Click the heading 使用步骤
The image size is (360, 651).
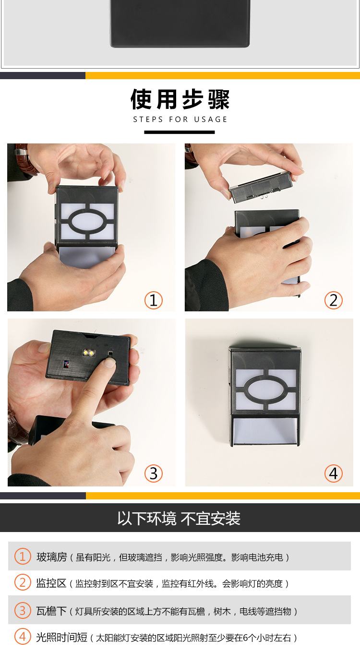(180, 100)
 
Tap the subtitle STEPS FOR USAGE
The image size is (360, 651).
(180, 119)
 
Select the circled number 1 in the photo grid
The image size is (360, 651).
(154, 300)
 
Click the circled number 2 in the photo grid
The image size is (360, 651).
(334, 300)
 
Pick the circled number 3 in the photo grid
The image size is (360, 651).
(154, 473)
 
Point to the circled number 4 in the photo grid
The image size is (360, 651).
(334, 473)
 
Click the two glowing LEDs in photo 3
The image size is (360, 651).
(89, 353)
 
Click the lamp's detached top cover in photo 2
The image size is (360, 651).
(260, 187)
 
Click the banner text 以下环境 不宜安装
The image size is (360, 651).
(179, 519)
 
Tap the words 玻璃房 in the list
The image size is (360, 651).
(51, 557)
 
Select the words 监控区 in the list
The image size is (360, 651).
(51, 583)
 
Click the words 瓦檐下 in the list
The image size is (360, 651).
(51, 611)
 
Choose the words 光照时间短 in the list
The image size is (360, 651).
(61, 638)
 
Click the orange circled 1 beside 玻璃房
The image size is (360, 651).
(23, 556)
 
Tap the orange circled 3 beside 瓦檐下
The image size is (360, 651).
(23, 611)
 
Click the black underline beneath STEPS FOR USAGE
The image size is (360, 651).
(180, 132)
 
